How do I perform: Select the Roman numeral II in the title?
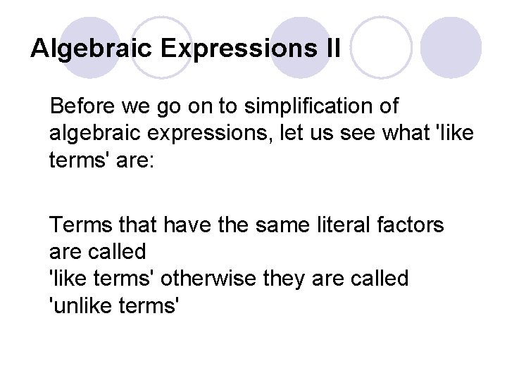click(x=332, y=49)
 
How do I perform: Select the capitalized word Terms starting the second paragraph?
click(x=79, y=225)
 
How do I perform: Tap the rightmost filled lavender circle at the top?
click(x=452, y=49)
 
